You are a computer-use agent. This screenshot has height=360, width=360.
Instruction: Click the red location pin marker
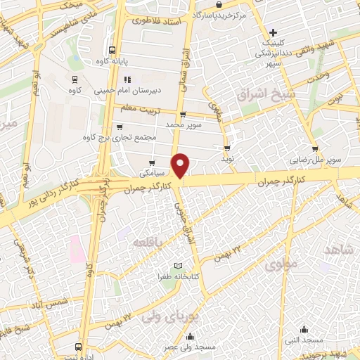(x=181, y=165)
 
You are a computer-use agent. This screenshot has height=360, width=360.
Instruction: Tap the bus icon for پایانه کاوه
(x=112, y=49)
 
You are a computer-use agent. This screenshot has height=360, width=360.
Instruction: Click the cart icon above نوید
(x=227, y=148)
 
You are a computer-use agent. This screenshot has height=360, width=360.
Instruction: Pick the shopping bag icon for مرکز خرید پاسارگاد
(x=220, y=4)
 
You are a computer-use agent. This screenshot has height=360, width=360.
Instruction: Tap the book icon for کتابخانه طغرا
(x=178, y=264)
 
